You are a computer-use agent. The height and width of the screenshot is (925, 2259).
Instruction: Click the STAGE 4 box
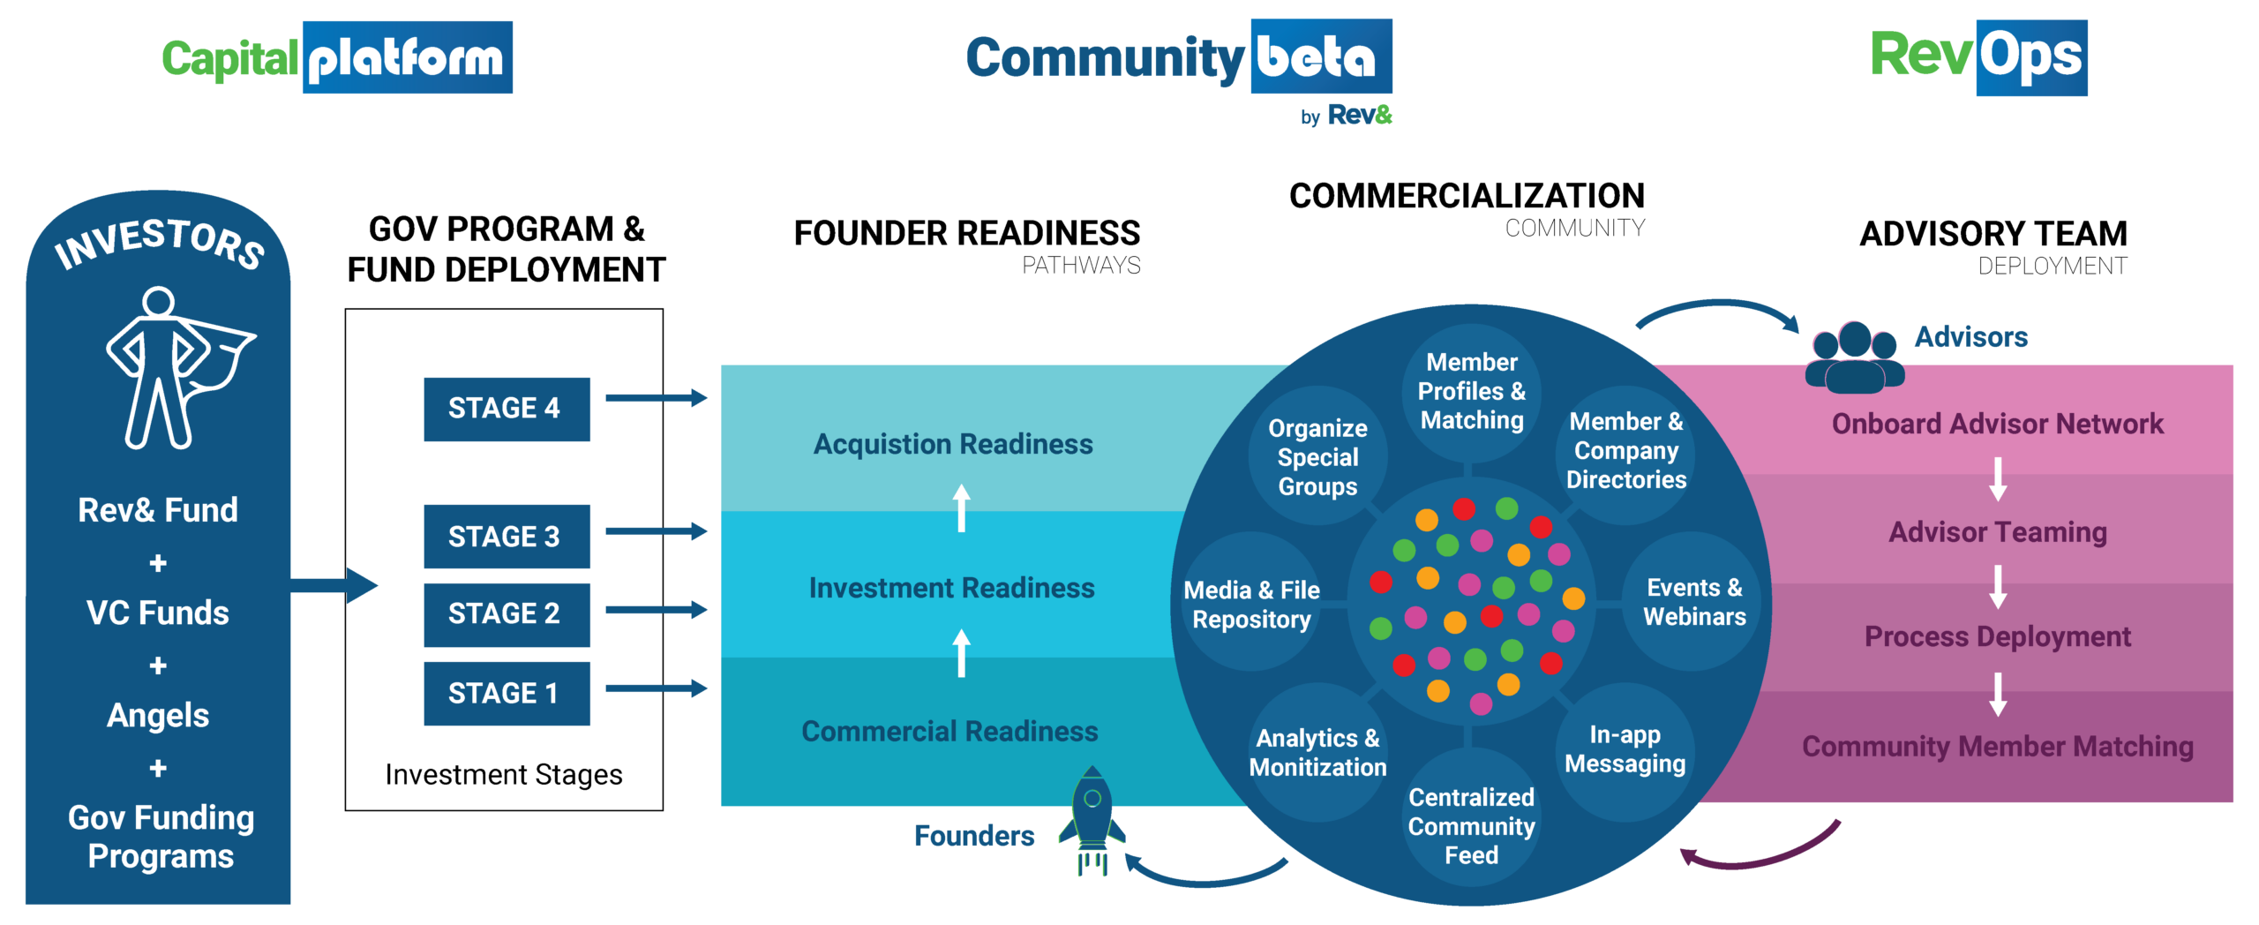pos(506,409)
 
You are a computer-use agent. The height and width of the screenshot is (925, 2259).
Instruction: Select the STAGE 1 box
pos(506,694)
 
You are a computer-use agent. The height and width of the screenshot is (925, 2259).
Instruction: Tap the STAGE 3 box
pos(506,537)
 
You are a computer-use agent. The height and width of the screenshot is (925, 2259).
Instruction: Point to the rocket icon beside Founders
pos(1092,821)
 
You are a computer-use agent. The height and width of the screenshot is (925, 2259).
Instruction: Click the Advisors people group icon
pos(1853,357)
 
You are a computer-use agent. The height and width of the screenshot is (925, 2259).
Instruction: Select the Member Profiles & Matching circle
pos(1471,392)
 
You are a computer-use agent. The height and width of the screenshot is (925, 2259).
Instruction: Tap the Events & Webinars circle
pos(1693,602)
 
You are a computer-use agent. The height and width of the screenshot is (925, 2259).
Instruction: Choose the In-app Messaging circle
pos(1625,750)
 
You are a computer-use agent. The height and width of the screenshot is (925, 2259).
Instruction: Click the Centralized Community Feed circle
pos(1471,826)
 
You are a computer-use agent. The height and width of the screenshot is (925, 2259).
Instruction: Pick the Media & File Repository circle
pos(1251,605)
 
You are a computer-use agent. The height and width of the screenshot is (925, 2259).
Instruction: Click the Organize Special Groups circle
pos(1317,457)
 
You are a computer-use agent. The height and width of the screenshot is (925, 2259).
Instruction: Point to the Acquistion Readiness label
pos(953,444)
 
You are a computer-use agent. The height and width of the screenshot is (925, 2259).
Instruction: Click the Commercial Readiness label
pos(949,732)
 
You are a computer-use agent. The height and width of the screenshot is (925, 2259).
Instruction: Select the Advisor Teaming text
pos(1998,532)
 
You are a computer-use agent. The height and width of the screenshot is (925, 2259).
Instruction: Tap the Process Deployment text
pos(1998,636)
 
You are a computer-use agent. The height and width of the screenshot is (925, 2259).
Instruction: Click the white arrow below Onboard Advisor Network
pos(1998,478)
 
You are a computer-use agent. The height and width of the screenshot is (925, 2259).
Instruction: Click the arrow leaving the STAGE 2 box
pos(657,610)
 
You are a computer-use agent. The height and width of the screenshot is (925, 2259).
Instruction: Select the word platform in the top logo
pos(407,58)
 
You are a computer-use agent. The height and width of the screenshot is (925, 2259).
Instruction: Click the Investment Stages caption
pos(504,775)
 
